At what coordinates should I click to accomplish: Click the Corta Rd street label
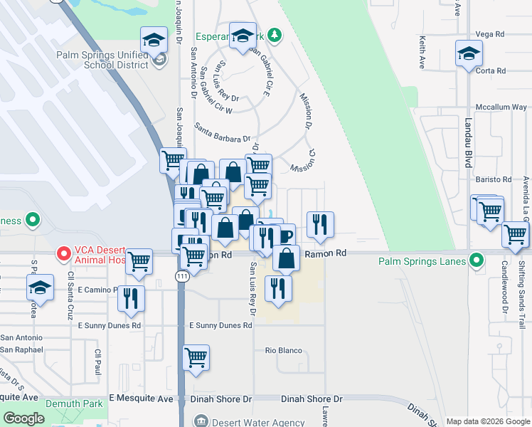click(491, 71)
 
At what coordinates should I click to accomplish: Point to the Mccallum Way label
click(501, 107)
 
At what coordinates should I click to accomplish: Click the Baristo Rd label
click(496, 179)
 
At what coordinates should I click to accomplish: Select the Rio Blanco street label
click(284, 350)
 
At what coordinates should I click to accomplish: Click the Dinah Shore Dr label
click(312, 399)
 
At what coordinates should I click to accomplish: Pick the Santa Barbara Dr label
click(223, 132)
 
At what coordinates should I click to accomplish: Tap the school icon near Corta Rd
click(469, 53)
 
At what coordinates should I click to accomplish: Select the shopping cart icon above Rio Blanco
click(196, 357)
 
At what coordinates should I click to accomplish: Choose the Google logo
click(24, 418)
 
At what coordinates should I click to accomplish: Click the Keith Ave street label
click(422, 53)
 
